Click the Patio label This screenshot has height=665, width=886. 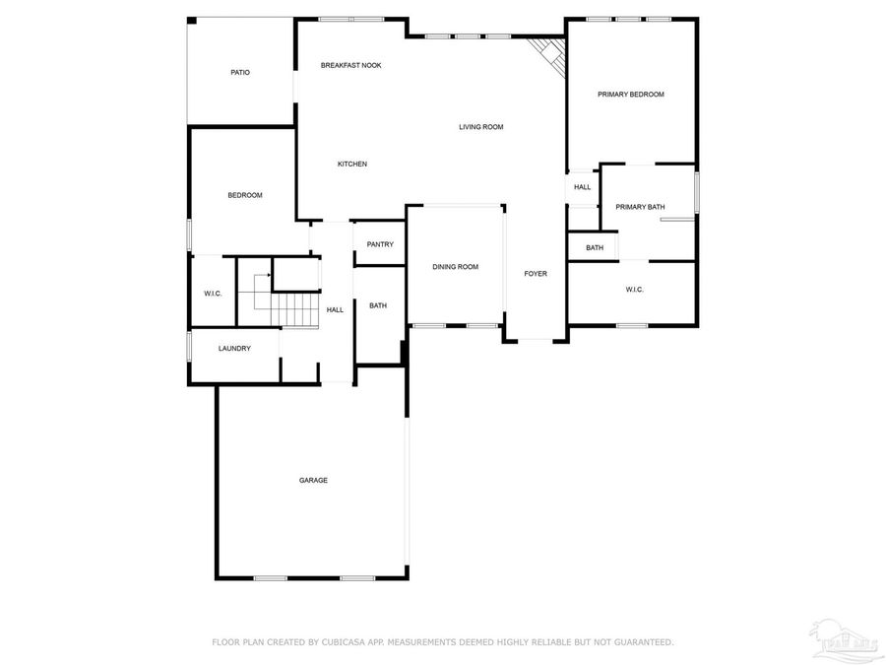(240, 72)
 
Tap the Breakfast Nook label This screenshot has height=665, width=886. (350, 65)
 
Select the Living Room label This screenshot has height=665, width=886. (480, 126)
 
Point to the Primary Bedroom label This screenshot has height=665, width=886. (631, 95)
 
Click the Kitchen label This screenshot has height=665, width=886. (352, 164)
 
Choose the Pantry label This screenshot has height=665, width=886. (380, 244)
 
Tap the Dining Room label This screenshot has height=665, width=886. (455, 267)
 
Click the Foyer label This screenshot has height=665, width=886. (535, 274)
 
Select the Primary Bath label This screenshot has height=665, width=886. (640, 207)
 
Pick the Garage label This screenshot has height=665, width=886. (313, 480)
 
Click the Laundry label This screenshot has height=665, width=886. (234, 348)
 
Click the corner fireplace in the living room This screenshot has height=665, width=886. (548, 53)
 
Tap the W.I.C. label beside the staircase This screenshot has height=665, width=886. (213, 294)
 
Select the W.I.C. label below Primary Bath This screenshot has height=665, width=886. (634, 289)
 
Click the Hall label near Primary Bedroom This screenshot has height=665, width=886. (582, 187)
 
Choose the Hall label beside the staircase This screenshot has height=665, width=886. (335, 309)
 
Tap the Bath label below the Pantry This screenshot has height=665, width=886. (378, 305)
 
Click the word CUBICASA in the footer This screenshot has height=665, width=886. (346, 642)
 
